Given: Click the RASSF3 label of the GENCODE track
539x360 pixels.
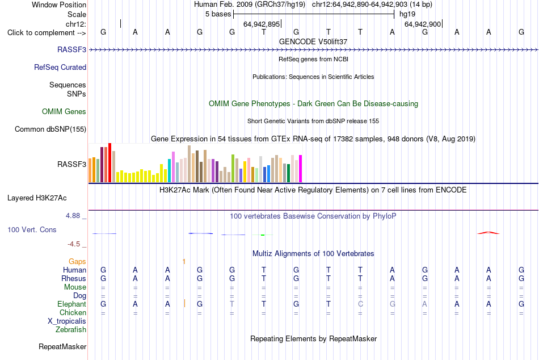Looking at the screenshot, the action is click(x=71, y=49).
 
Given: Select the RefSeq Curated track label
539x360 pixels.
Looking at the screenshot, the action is click(x=60, y=67).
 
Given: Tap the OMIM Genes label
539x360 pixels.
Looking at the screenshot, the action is click(x=64, y=111).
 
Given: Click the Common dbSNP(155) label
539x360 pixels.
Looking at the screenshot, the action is click(x=50, y=129).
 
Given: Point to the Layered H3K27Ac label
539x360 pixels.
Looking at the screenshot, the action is click(x=37, y=198).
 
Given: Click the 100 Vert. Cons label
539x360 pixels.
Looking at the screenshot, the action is click(x=32, y=229).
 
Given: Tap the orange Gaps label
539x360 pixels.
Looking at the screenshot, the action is click(x=77, y=262).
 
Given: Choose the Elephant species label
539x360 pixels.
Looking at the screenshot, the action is click(x=71, y=304).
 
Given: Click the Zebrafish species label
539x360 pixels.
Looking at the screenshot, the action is click(x=71, y=330).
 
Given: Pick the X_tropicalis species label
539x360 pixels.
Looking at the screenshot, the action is click(x=67, y=321).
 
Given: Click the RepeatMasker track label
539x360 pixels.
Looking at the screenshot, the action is click(x=62, y=346).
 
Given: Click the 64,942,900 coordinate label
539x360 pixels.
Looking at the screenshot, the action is click(x=423, y=24).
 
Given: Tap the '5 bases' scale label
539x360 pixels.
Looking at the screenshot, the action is click(x=218, y=14).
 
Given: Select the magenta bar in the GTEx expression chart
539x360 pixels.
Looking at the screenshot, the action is click(x=301, y=169).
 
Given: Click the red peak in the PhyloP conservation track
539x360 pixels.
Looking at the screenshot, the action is click(x=489, y=233).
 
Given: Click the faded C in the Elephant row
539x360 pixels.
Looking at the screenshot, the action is click(x=360, y=304).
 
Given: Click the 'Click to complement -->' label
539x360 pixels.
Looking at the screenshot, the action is click(x=47, y=33).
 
